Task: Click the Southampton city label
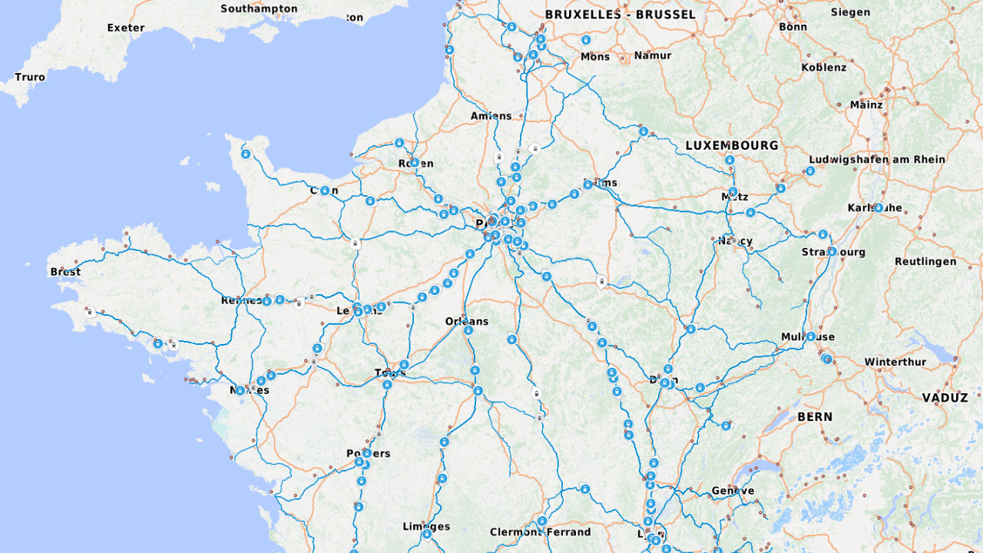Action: click(x=259, y=9)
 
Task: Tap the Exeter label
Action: click(x=126, y=28)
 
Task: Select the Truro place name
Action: click(x=30, y=77)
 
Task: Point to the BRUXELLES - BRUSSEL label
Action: click(x=620, y=15)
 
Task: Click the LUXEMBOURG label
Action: click(x=731, y=145)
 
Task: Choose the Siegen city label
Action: click(x=850, y=12)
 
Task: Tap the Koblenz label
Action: click(x=823, y=67)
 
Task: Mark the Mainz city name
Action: click(x=866, y=104)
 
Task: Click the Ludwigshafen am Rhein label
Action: click(x=876, y=160)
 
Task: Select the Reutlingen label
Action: click(x=925, y=261)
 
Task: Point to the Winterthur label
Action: click(x=895, y=362)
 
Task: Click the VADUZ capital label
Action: click(x=945, y=398)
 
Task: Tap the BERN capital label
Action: click(x=814, y=417)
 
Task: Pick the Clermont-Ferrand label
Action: click(x=541, y=532)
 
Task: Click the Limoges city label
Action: click(x=426, y=527)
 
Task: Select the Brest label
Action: click(x=65, y=272)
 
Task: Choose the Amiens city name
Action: click(x=491, y=116)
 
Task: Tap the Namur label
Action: click(x=652, y=55)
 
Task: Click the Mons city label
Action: click(x=594, y=57)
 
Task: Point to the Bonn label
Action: click(x=793, y=26)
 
